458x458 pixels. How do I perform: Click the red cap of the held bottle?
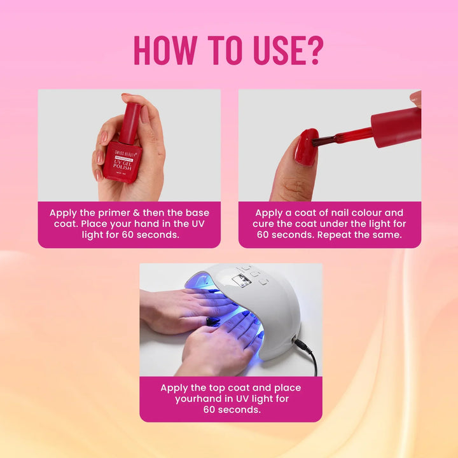point(131,121)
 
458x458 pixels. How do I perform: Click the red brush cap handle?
point(395,127)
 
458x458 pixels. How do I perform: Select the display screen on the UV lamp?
point(242,280)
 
